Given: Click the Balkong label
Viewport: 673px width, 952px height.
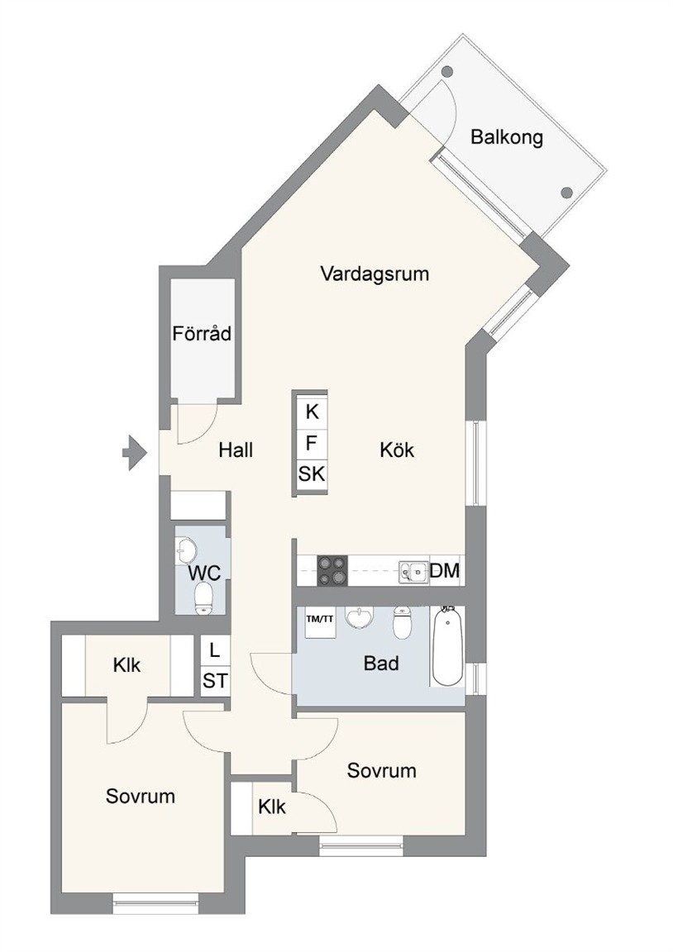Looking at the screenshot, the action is point(507,137).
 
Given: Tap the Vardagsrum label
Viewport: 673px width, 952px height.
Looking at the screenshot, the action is point(375,274).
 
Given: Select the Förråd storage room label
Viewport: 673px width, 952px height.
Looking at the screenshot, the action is point(202,333).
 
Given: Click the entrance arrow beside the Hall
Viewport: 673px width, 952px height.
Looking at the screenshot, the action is point(135,452).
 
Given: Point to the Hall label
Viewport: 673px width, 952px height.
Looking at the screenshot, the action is point(236,450).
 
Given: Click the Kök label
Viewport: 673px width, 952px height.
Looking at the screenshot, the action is point(397,450).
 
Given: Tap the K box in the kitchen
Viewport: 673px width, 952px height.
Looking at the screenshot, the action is point(312,412).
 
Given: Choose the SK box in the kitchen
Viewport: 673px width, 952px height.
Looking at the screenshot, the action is point(312,474).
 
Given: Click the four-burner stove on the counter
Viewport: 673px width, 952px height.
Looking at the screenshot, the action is point(332,571).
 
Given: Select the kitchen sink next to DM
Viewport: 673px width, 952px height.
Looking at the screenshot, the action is point(413,571).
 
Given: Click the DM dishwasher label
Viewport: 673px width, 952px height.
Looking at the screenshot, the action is point(445,571).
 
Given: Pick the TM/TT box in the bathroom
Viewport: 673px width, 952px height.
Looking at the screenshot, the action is point(319,621).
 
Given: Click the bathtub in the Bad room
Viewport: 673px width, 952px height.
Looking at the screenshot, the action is point(448,646).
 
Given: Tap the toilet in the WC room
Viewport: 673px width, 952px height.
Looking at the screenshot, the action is point(203,598).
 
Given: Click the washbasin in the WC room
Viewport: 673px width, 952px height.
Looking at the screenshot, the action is point(186,550).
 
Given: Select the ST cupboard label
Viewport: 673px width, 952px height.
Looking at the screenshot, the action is point(215,681).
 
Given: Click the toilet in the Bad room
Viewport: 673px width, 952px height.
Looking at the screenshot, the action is point(402,621).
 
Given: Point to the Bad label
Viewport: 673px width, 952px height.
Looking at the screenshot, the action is point(381,663).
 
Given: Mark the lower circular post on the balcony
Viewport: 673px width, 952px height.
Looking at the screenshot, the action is point(566,193).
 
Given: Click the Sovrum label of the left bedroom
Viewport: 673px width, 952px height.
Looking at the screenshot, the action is point(141,796).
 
